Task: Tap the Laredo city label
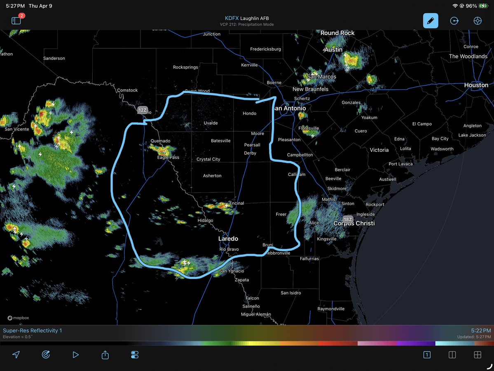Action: pos(228,239)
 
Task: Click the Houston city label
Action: pos(476,85)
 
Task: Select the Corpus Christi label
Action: pos(354,223)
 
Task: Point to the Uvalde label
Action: pos(211,123)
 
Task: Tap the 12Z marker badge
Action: pos(142,110)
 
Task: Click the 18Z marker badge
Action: pos(348,220)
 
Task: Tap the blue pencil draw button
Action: pos(431,21)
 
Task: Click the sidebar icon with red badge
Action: pos(16,20)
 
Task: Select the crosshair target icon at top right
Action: pos(478,21)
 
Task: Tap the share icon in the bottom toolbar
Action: pos(105,354)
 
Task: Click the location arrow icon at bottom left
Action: pos(16,354)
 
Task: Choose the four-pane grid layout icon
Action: pos(478,354)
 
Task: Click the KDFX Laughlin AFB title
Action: pos(247,18)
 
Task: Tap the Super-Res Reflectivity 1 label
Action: pos(33,331)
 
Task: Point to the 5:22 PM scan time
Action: pos(481,331)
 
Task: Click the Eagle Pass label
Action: pos(168,158)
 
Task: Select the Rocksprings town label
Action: pos(185,67)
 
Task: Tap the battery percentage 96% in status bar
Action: pos(471,6)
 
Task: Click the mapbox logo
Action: pos(18,318)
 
